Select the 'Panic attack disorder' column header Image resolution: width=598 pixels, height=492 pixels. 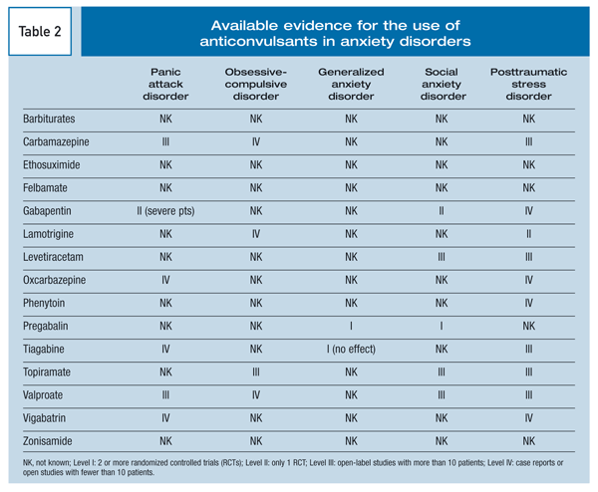(165, 84)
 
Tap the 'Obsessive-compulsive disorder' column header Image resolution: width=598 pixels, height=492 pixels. (255, 84)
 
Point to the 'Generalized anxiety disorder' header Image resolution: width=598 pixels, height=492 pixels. (351, 84)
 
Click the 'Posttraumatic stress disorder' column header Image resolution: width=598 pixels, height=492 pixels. (528, 84)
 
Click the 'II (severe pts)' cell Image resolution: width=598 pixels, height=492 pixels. (165, 211)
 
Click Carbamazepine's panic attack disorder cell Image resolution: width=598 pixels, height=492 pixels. (165, 142)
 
